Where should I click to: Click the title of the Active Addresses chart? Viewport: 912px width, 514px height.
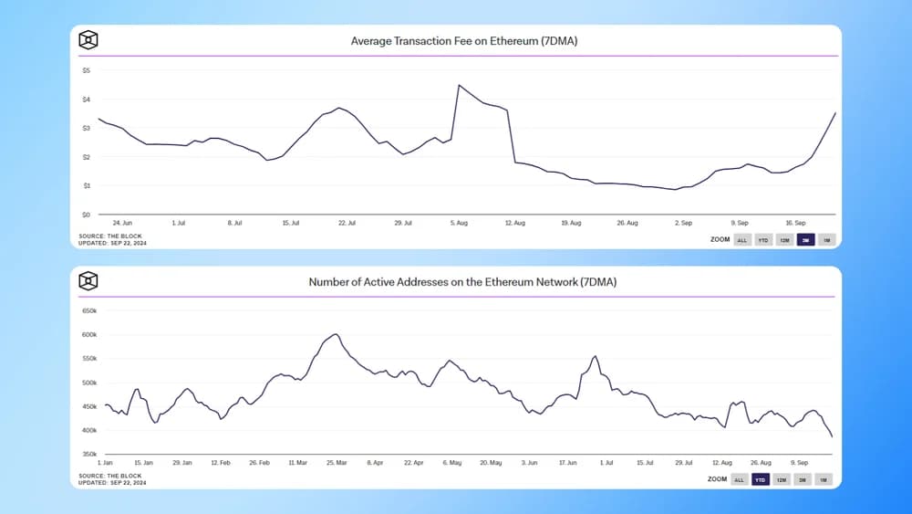click(462, 282)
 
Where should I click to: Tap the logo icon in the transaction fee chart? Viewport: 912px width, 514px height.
click(88, 40)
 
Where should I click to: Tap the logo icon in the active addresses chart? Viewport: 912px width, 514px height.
click(88, 281)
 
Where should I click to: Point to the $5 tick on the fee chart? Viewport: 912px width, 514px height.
click(86, 70)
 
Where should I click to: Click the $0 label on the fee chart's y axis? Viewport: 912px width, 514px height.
click(86, 215)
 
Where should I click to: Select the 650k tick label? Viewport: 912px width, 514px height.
click(89, 311)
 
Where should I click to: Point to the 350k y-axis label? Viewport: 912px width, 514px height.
click(89, 454)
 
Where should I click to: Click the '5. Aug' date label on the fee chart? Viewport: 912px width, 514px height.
click(460, 223)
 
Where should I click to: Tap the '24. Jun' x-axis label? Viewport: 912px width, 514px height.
click(123, 223)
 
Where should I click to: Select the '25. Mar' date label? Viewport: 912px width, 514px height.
click(336, 463)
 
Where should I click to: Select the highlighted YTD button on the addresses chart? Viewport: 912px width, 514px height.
click(761, 479)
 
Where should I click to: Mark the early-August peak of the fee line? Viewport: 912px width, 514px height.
click(459, 85)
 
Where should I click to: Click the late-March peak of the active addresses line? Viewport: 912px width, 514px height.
click(335, 334)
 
